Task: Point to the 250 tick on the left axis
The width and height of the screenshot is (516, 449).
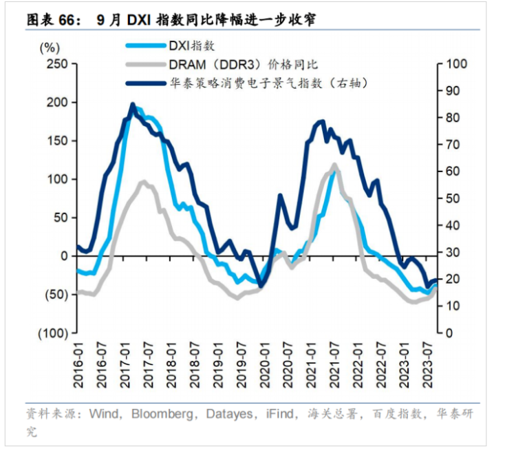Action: (56, 63)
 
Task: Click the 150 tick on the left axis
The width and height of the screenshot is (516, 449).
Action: (56, 140)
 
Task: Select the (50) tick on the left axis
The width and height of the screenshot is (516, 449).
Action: (54, 294)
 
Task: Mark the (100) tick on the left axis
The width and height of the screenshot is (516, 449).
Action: (52, 333)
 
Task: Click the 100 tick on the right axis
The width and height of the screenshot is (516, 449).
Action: (457, 63)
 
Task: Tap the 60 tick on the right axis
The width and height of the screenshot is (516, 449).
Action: (454, 171)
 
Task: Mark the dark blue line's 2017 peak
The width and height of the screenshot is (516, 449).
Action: (133, 105)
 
